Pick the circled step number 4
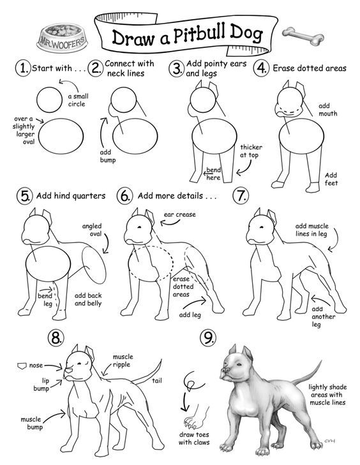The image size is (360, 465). pyautogui.click(x=261, y=68)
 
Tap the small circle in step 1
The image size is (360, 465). pyautogui.click(x=49, y=100)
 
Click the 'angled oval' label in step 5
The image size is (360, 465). pyautogui.click(x=93, y=230)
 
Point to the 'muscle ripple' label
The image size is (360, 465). pyautogui.click(x=122, y=360)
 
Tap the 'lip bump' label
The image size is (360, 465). pyautogui.click(x=41, y=383)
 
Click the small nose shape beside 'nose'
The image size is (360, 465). pyautogui.click(x=22, y=365)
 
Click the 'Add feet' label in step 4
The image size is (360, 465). pyautogui.click(x=331, y=179)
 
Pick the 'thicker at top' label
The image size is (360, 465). pyautogui.click(x=251, y=151)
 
